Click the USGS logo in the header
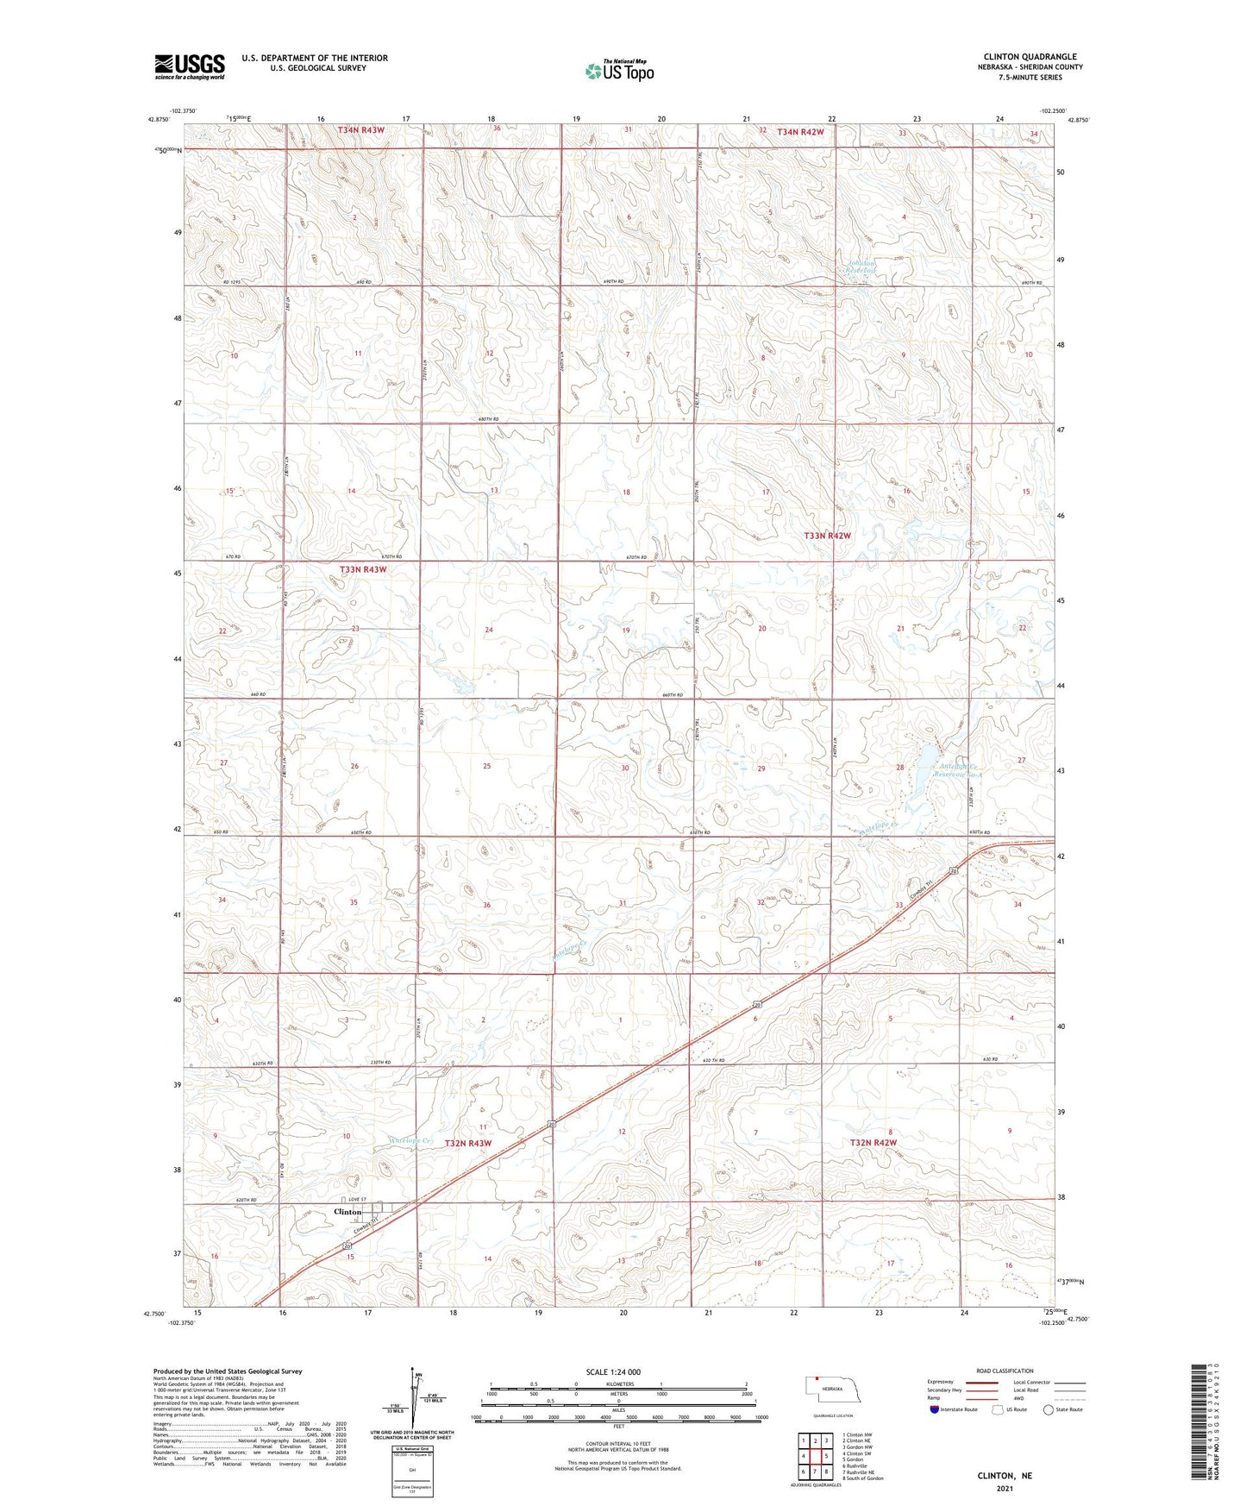point(190,66)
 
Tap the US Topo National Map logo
point(618,71)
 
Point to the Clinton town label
point(348,1212)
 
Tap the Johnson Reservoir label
point(861,267)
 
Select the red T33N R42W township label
point(827,536)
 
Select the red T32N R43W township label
point(467,1143)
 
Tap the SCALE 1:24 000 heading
point(613,1371)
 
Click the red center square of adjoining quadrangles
point(815,1456)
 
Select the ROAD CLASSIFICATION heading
point(1004,1371)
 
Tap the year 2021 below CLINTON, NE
point(1004,1489)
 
